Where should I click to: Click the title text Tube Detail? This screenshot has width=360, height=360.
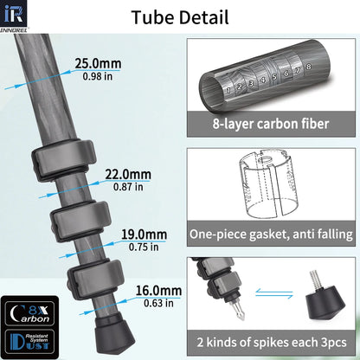179,16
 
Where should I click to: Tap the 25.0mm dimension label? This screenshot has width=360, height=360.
99,63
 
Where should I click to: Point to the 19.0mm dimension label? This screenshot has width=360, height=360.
144,235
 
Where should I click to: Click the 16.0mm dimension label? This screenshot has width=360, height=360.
158,291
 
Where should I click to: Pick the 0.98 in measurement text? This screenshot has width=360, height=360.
92,77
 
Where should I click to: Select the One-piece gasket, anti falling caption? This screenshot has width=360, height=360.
271,235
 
